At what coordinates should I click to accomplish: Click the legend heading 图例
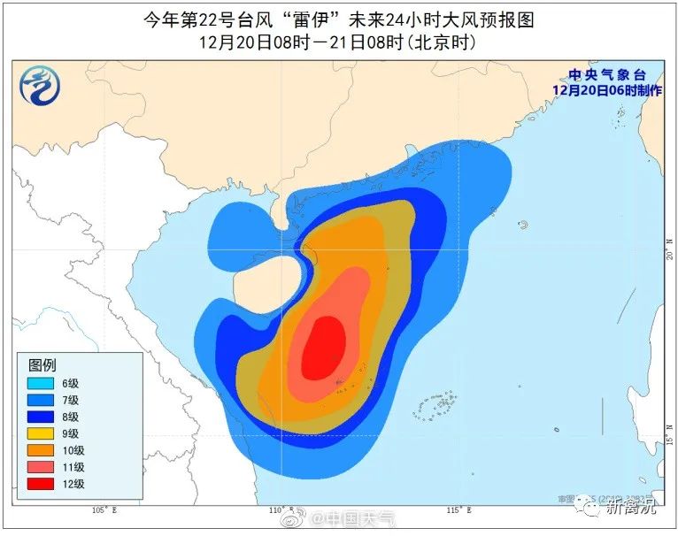pos(42,365)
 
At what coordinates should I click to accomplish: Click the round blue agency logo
pos(38,85)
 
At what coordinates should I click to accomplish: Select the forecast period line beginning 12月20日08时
pos(338,41)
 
